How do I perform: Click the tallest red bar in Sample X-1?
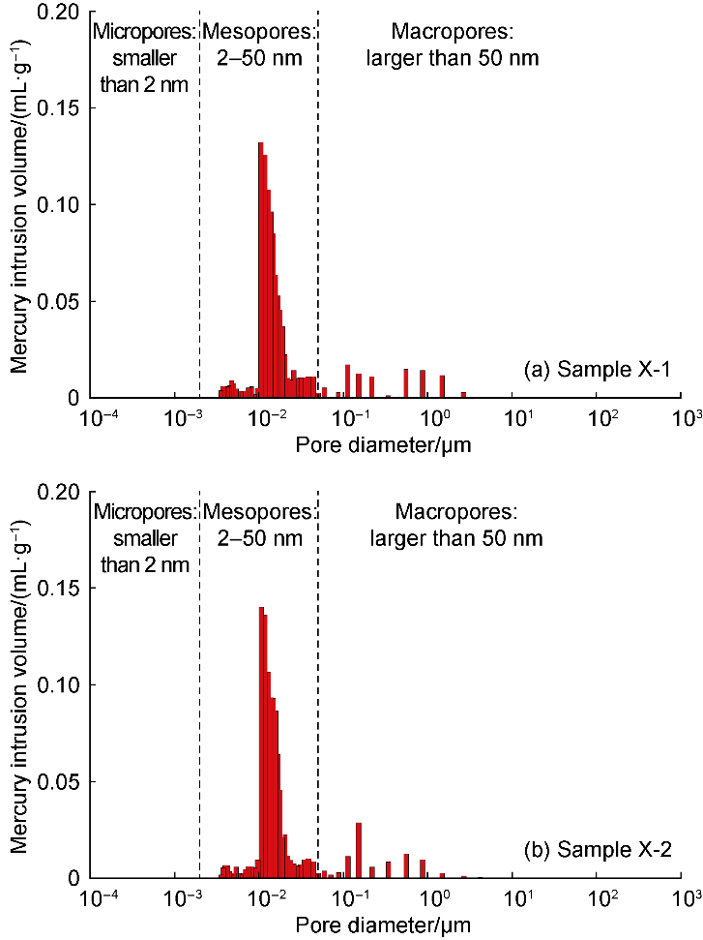tap(261, 271)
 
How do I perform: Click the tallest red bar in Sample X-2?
tap(262, 745)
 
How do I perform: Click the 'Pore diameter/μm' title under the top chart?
tap(384, 444)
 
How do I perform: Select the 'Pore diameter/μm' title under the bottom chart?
tap(384, 925)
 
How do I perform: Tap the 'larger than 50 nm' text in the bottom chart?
tap(455, 537)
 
